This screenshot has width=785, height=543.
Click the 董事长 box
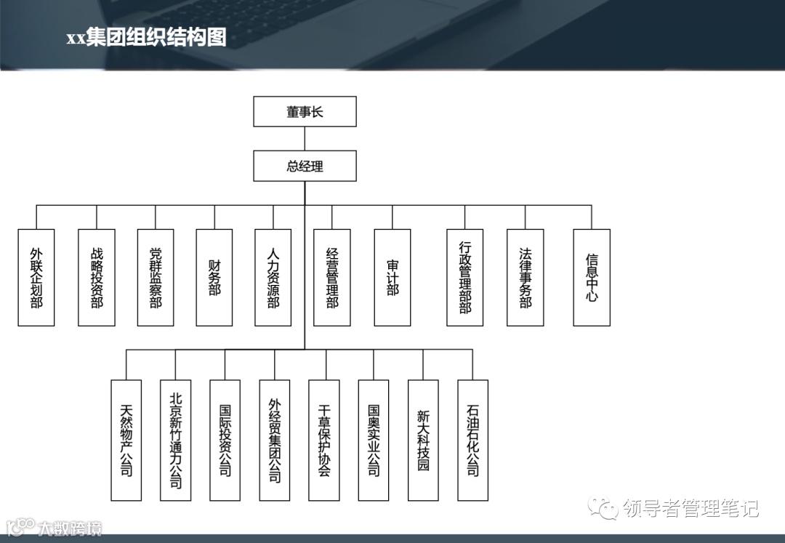305,111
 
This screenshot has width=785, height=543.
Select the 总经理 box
305,166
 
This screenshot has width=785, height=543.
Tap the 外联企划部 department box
36,277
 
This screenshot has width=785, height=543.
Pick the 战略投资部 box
97,277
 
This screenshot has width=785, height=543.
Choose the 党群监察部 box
156,277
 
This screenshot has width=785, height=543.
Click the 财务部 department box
214,277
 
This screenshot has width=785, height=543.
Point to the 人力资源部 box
273,277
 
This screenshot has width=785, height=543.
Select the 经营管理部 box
332,277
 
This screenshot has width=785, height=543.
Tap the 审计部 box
392,277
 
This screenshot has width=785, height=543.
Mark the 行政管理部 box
465,277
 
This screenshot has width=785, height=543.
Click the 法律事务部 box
526,277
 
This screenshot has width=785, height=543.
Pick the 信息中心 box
592,277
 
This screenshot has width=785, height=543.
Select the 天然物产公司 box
126,440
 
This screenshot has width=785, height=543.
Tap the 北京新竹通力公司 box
176,440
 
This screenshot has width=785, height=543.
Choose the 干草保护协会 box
324,440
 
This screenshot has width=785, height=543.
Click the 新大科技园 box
423,440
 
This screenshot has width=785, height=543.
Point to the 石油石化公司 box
472,440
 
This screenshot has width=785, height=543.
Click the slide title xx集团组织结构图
146,38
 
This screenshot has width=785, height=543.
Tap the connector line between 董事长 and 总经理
305,138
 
